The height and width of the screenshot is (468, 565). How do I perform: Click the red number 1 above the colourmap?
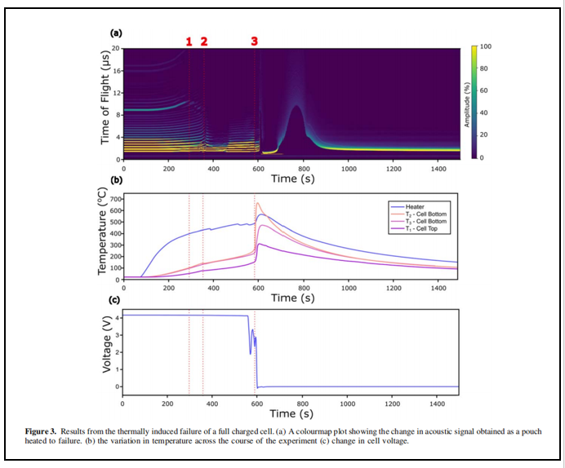click(x=189, y=41)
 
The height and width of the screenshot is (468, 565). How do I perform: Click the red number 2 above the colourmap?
click(x=204, y=41)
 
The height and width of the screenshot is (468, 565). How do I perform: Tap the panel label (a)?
click(x=116, y=33)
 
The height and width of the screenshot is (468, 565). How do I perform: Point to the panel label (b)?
click(x=116, y=179)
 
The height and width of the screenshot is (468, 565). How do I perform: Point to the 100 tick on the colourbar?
click(x=486, y=47)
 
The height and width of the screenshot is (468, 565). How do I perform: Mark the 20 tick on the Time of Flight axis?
click(x=116, y=49)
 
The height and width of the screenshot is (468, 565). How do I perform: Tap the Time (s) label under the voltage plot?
click(x=292, y=414)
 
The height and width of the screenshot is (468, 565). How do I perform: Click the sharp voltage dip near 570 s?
click(x=250, y=353)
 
